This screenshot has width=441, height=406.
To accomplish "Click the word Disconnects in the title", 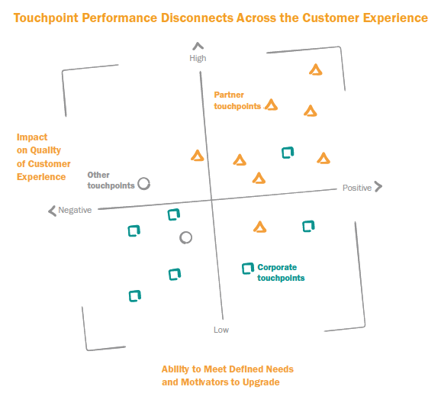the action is pyautogui.click(x=198, y=18).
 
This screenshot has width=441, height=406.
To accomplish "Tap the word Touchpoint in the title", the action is pyautogui.click(x=46, y=18).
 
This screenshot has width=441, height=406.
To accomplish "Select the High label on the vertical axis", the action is pyautogui.click(x=198, y=58).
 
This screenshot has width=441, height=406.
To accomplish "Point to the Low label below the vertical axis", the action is pyautogui.click(x=221, y=330).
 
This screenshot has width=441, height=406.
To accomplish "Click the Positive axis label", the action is pyautogui.click(x=357, y=188).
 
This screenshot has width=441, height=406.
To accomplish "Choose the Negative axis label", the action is pyautogui.click(x=75, y=210).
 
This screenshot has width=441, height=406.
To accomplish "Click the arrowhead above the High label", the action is pyautogui.click(x=198, y=46).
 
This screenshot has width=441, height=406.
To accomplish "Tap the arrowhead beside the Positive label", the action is pyautogui.click(x=379, y=186).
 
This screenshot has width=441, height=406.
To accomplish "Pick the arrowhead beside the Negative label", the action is pyautogui.click(x=52, y=211).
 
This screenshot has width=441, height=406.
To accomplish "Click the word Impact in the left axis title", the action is pyautogui.click(x=32, y=137).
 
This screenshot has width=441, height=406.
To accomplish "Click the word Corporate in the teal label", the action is pyautogui.click(x=277, y=267).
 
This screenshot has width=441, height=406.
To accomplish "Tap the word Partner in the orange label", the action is pyautogui.click(x=229, y=95).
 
